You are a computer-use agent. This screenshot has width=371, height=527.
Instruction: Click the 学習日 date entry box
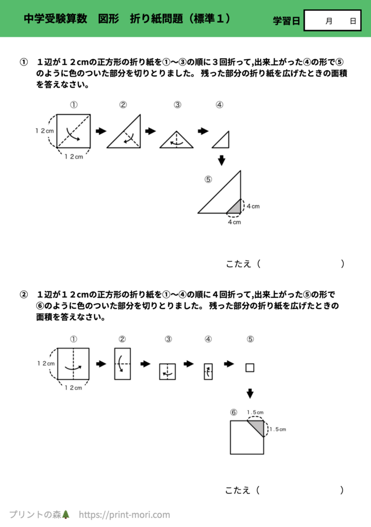pos(332,21)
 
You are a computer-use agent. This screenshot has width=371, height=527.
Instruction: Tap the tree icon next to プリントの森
pos(65,514)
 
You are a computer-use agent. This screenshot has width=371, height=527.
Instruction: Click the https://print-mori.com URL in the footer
pos(124,514)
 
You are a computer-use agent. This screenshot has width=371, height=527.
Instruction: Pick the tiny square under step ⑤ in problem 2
pos(250,367)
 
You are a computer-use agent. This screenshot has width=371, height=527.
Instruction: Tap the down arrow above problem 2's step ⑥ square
pos(250,393)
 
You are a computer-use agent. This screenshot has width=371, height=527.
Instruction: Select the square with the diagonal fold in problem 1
pos(74,131)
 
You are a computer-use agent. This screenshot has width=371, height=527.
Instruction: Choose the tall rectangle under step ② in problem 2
pos(123,364)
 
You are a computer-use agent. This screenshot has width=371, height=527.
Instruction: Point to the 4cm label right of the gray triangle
pos(252,206)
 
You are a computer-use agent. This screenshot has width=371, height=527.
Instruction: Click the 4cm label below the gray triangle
pos(234,222)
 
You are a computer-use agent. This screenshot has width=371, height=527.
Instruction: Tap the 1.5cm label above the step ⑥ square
pos(255,412)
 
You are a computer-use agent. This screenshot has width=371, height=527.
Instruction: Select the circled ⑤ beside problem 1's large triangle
pos(208,180)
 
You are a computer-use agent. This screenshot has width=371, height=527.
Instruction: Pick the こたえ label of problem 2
pos(238,490)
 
